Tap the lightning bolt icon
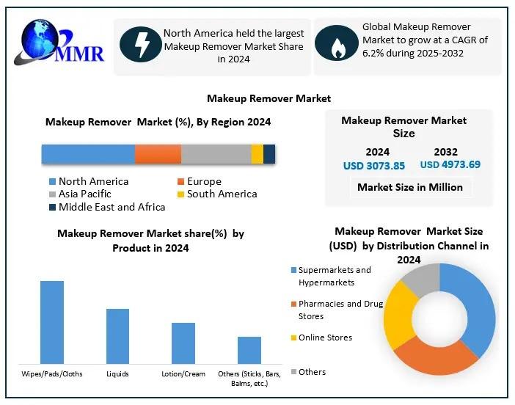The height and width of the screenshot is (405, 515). (139, 44)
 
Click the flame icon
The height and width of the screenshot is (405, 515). (337, 45)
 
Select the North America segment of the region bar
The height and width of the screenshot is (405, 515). (88, 154)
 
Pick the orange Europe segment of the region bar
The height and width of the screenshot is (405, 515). (158, 154)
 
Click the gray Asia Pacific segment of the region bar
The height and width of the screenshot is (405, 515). (216, 154)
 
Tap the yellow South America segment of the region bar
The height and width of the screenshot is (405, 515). (257, 154)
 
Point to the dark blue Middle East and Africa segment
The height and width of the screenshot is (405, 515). (269, 154)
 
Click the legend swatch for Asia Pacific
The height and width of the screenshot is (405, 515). (52, 194)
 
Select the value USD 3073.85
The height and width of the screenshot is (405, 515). (374, 166)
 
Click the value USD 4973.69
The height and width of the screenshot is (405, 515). (450, 164)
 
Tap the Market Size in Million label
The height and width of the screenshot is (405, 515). (409, 187)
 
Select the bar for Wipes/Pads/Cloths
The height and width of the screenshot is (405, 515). (52, 322)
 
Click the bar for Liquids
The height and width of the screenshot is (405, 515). (117, 336)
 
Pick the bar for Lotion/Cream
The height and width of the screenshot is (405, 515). (183, 343)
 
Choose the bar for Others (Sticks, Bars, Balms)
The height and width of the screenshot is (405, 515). (249, 350)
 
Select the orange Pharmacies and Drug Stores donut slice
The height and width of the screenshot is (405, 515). (433, 360)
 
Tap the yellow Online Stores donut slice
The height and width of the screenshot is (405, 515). (396, 315)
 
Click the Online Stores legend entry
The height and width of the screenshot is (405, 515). (324, 337)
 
